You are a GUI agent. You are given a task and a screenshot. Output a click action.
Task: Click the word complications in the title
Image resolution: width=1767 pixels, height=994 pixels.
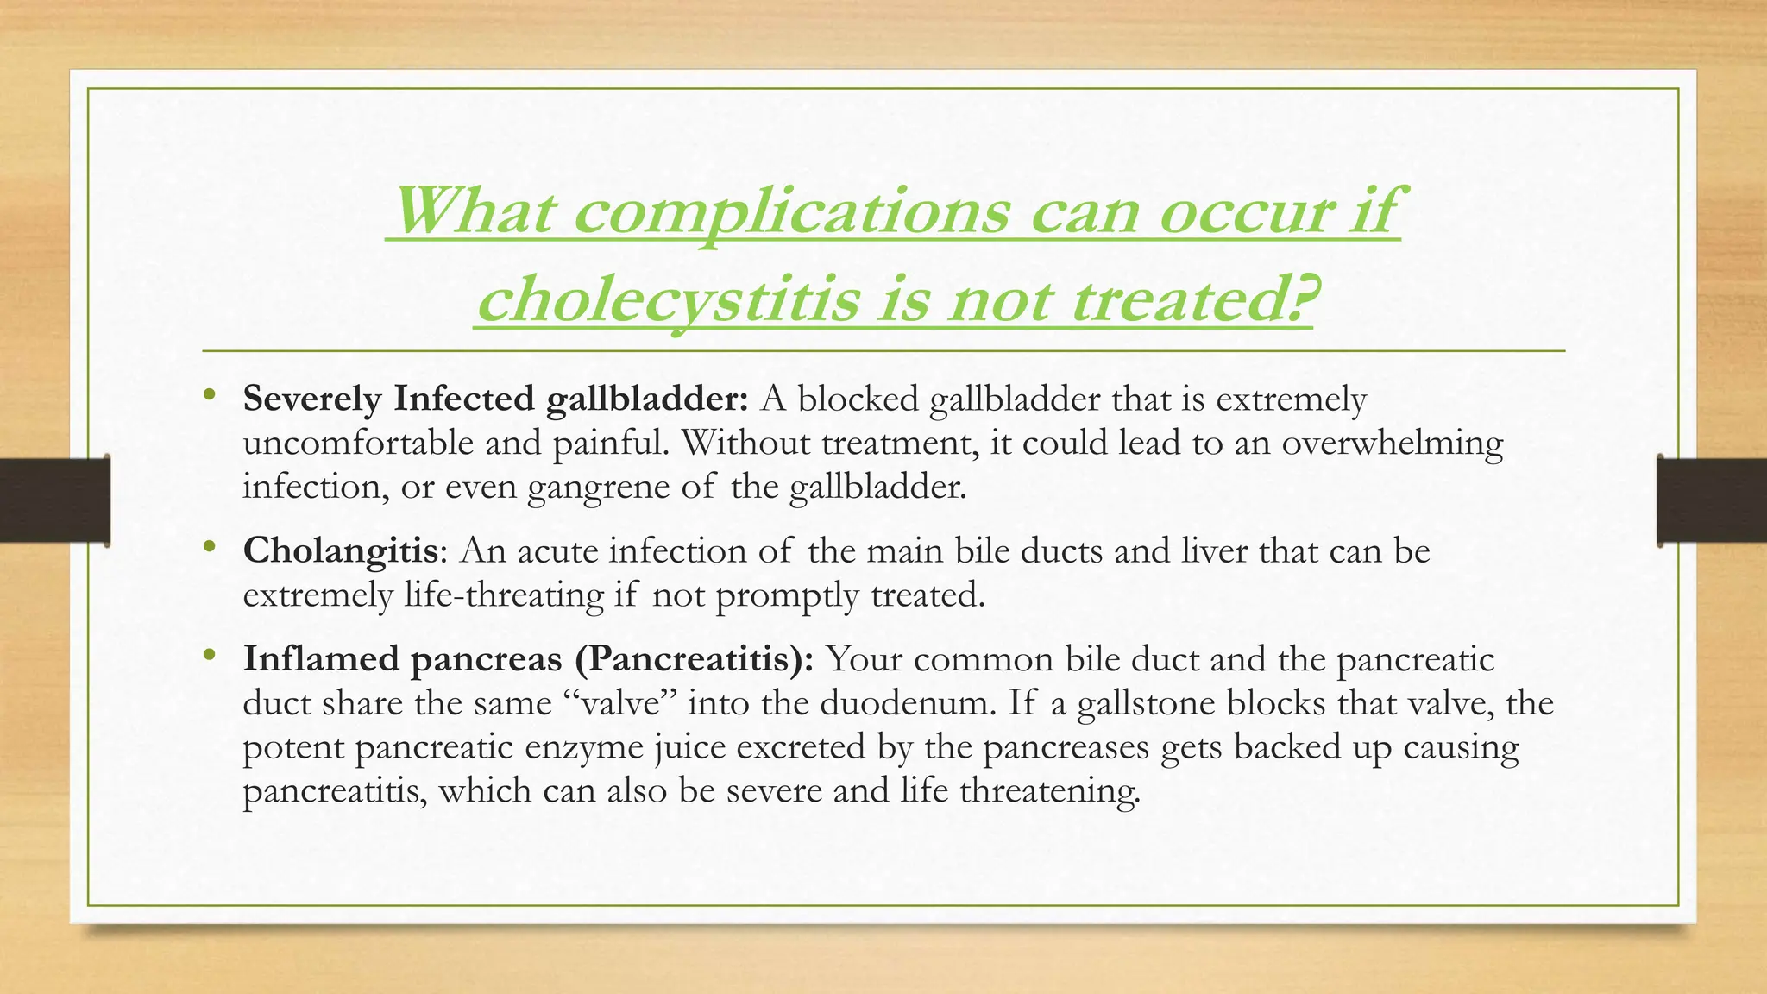coord(790,212)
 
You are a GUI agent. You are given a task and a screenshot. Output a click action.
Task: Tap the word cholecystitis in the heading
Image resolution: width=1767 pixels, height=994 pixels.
coord(669,301)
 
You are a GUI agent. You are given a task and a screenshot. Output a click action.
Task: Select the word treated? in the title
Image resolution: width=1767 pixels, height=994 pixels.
coord(1192,301)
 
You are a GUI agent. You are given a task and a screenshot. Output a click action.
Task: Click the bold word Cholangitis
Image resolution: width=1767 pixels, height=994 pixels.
coord(341,550)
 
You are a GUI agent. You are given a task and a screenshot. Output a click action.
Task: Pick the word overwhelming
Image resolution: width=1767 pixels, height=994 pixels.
coord(1392,444)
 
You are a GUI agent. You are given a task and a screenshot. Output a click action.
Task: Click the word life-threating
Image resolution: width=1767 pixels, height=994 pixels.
coord(504,595)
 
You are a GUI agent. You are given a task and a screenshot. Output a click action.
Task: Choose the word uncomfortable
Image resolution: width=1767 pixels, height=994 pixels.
coord(357,444)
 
